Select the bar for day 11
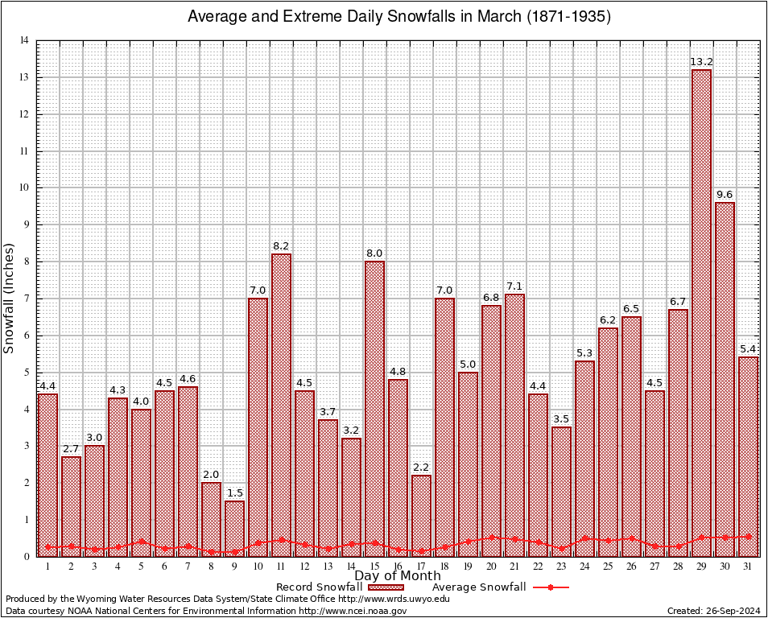pyautogui.click(x=281, y=402)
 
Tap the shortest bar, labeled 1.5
pyautogui.click(x=234, y=527)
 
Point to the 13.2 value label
pyautogui.click(x=701, y=62)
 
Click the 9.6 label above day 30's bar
pyautogui.click(x=725, y=195)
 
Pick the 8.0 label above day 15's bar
pyautogui.click(x=374, y=253)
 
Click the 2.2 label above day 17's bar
pyautogui.click(x=421, y=468)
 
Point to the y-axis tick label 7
pyautogui.click(x=27, y=299)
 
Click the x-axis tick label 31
pyautogui.click(x=748, y=566)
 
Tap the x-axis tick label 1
pyautogui.click(x=47, y=566)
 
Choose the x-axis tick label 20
pyautogui.click(x=491, y=566)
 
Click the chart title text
pyautogui.click(x=398, y=17)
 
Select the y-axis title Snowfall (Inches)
pyautogui.click(x=10, y=298)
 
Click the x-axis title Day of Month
pyautogui.click(x=397, y=576)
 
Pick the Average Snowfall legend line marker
pyautogui.click(x=550, y=587)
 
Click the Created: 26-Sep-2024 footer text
pyautogui.click(x=713, y=611)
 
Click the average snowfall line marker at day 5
pyautogui.click(x=141, y=542)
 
